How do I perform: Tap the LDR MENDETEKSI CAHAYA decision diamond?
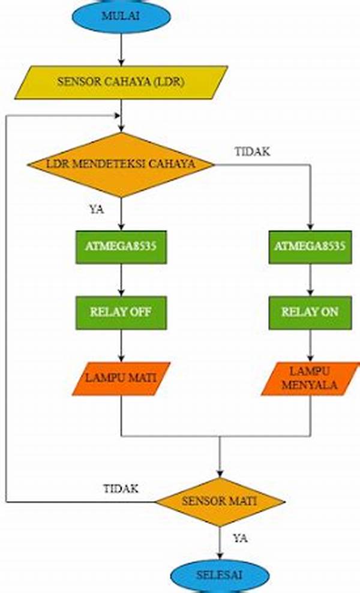[121, 164]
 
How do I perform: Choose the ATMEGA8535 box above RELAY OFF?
[121, 246]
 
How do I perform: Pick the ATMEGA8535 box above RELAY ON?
[310, 246]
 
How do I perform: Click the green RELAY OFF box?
[121, 312]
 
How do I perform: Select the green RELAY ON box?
[310, 312]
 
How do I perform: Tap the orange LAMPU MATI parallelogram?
[121, 378]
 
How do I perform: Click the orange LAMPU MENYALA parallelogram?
[310, 378]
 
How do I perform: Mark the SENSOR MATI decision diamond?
[220, 501]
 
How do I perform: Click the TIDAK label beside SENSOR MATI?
[121, 489]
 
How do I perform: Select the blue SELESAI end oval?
[220, 574]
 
